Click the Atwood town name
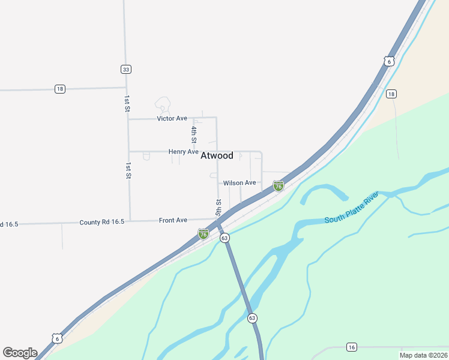tap(217, 155)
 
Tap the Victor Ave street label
tap(172, 118)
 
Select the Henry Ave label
tap(183, 152)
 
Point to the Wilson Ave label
tap(239, 182)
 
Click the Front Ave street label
tap(173, 221)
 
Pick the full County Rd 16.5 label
tap(101, 222)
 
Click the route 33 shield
tap(125, 70)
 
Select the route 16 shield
tap(352, 347)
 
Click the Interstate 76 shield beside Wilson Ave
tap(279, 186)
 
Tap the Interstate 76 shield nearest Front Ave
tap(203, 233)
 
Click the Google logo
tap(20, 353)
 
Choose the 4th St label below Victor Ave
tap(194, 134)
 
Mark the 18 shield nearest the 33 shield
tap(59, 89)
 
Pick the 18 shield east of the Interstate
tap(391, 94)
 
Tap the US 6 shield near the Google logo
tap(56, 338)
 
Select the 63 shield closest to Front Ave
tap(224, 238)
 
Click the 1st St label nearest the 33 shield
tap(127, 103)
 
